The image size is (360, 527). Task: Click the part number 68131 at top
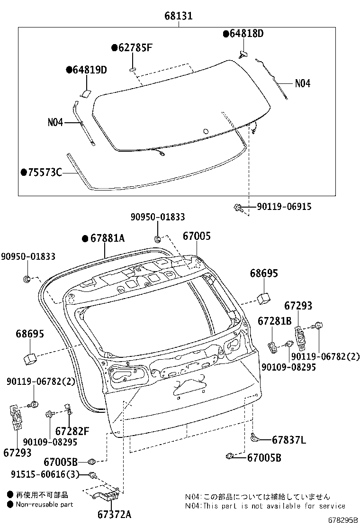click(179, 17)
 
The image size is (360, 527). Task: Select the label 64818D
click(246, 33)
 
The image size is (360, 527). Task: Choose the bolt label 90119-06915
click(284, 207)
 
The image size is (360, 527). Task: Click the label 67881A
click(107, 238)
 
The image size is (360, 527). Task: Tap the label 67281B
click(274, 321)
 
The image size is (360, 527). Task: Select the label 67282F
click(72, 431)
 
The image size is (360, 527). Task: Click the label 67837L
click(288, 440)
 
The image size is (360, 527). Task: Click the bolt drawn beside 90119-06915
click(239, 208)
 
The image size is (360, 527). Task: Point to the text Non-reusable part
click(45, 505)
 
